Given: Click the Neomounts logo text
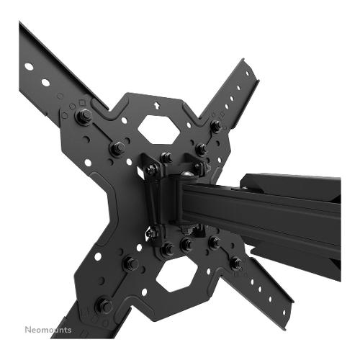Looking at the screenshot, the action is coord(48,330).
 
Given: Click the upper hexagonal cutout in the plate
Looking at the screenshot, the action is coord(159,130).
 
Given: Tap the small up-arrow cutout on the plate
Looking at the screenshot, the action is coord(157,105).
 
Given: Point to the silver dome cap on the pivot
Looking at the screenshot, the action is coord(187,174).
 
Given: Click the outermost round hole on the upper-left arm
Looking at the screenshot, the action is coord(29,66).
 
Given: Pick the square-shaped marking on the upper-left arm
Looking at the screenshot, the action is coord(82,103).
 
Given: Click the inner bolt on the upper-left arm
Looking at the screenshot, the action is coord(117,148).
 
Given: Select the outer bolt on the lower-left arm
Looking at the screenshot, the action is coord(104,306).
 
